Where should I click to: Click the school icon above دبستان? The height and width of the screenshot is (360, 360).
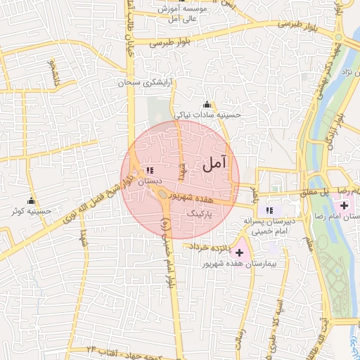(149, 170)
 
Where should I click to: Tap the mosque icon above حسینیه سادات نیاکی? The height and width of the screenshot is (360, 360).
(206, 104)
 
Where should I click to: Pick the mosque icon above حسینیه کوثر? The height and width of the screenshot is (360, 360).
(14, 210)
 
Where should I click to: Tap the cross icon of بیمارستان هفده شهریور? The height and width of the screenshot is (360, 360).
(239, 251)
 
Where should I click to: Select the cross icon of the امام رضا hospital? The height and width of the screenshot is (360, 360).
(344, 205)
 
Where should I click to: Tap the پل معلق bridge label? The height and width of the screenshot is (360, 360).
(316, 191)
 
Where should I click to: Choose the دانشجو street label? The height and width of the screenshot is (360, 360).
(51, 70)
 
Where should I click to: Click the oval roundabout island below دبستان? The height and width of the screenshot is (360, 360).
(162, 194)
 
